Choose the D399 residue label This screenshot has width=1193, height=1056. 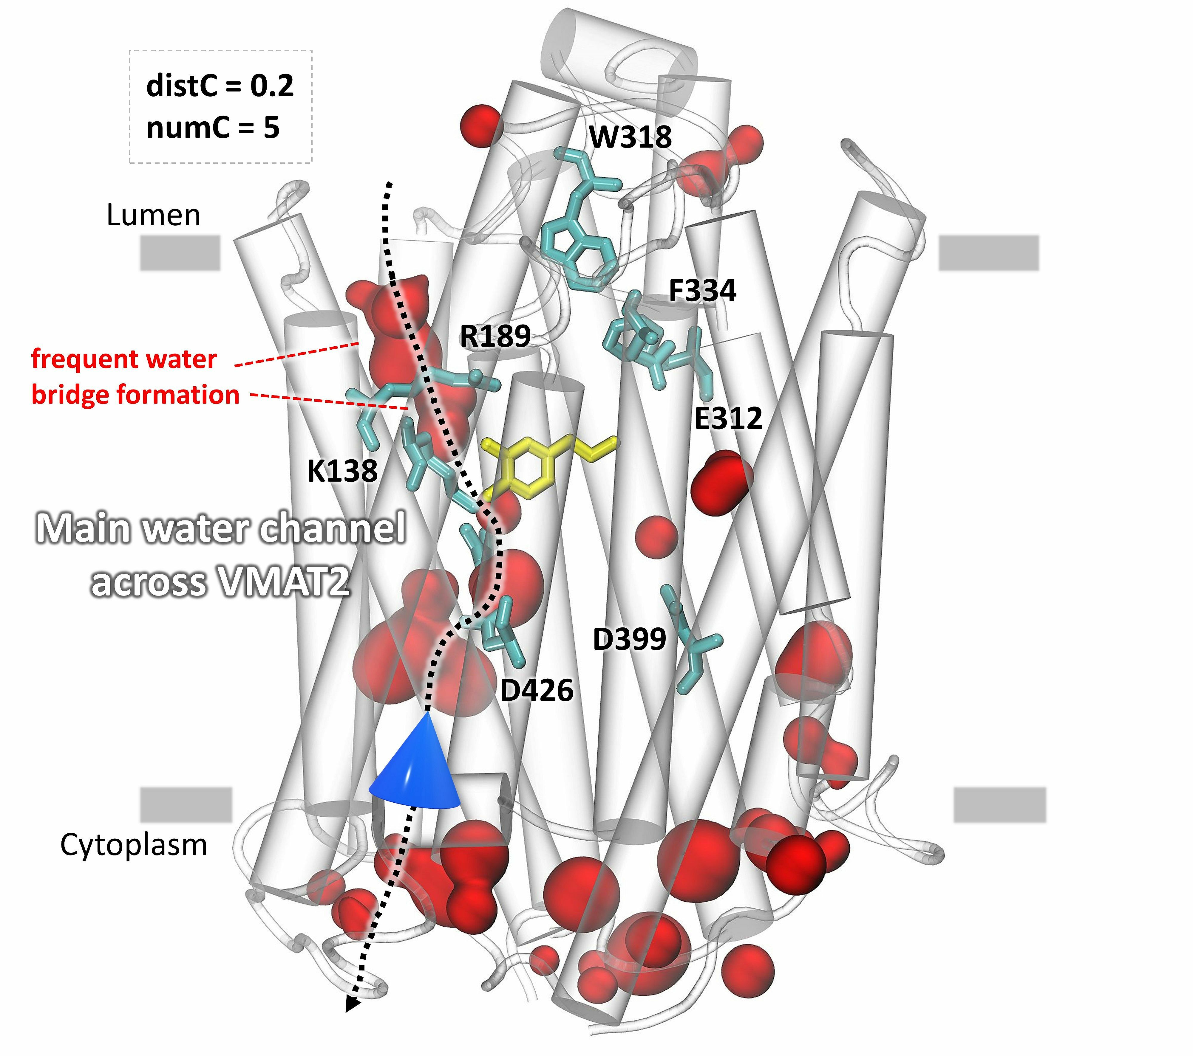629,639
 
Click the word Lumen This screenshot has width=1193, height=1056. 154,215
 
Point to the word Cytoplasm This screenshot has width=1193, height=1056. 134,845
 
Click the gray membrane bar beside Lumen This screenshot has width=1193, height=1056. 180,253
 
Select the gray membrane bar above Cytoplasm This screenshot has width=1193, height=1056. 186,804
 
